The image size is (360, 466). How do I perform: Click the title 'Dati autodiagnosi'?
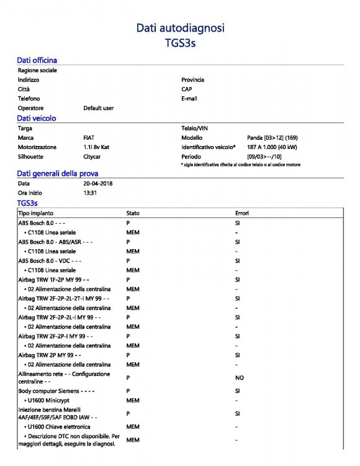[180, 27]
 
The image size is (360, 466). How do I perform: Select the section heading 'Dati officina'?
[37, 60]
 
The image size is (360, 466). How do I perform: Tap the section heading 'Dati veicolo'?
[37, 117]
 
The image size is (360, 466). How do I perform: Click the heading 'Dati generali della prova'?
[57, 173]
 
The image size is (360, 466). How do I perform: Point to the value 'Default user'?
[99, 108]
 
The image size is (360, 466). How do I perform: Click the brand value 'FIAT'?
[89, 137]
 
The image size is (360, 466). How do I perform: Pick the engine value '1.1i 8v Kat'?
[97, 147]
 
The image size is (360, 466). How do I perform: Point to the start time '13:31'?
[91, 193]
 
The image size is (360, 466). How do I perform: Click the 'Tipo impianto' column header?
[35, 213]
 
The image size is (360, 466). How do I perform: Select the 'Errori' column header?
[242, 213]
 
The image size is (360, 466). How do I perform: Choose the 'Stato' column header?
[133, 213]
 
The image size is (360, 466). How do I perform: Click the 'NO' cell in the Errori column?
[239, 378]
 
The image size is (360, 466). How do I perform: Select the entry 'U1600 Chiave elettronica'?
[59, 427]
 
